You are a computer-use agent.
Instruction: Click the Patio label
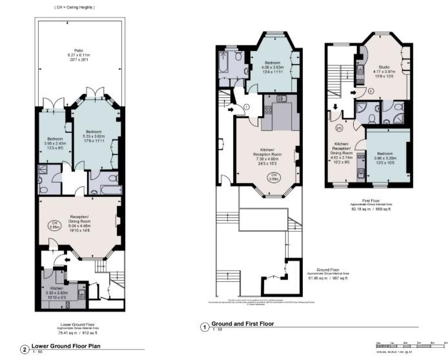tap(78, 52)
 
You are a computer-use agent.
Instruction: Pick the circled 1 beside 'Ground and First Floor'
tap(205, 327)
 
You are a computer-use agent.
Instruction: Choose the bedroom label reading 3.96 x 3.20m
tap(387, 158)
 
